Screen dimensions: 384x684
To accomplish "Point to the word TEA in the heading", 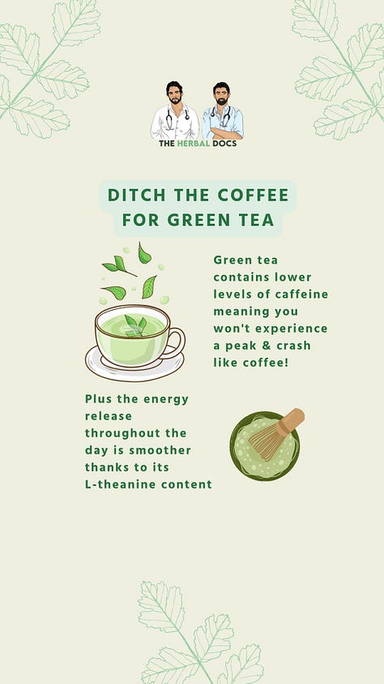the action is coord(257,221).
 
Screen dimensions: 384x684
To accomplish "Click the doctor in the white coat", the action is coord(175,111).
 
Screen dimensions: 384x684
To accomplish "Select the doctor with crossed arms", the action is coord(223,111).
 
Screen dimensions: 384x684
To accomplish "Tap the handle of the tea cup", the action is coord(177,344).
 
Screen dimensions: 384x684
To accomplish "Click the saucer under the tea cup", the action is coord(134,367).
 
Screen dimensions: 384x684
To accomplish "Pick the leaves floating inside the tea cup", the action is coord(136,326).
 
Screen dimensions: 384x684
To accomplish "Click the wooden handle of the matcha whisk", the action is coord(292,421).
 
